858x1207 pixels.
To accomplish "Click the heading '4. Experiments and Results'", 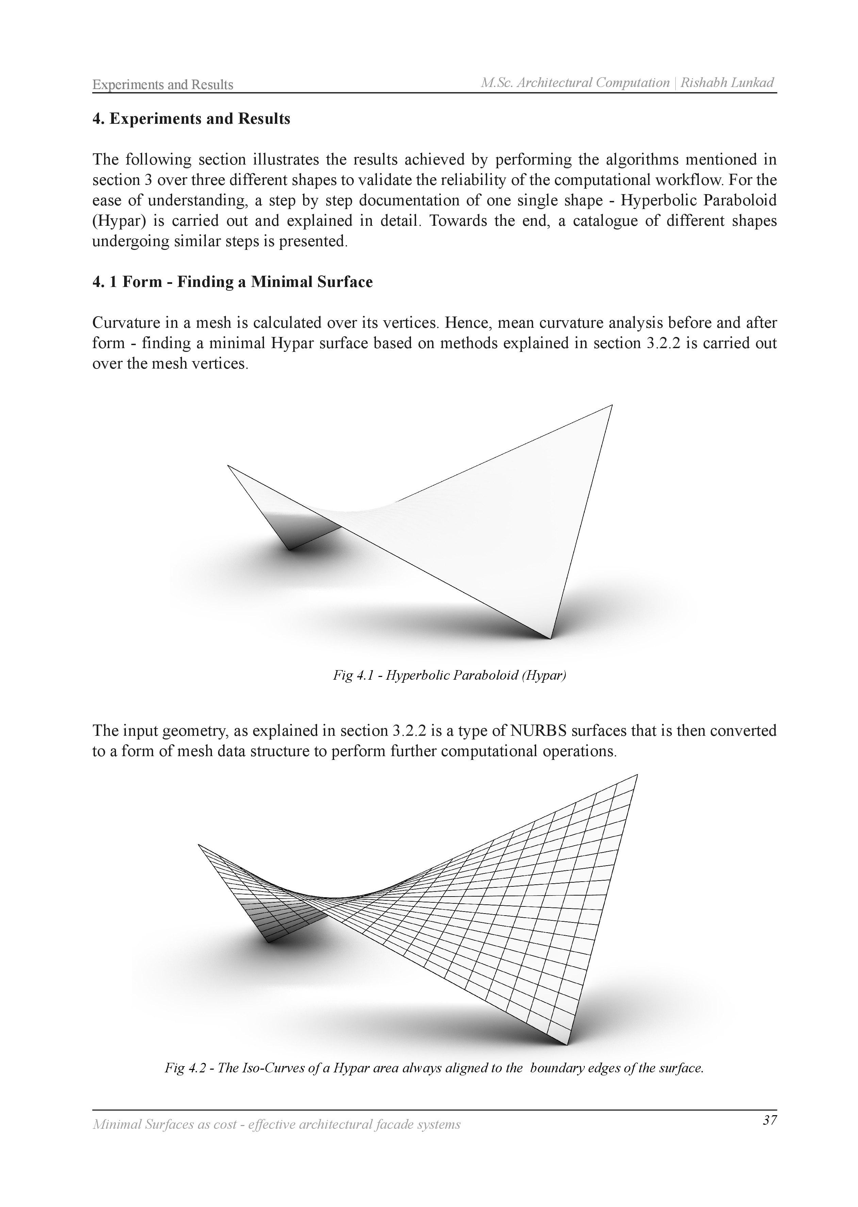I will [191, 119].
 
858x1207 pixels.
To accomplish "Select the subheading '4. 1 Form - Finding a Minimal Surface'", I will [232, 282].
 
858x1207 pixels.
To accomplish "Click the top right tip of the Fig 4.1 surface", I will [612, 406].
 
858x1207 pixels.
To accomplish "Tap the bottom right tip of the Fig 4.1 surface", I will [550, 638].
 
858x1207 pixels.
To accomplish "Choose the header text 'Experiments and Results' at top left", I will [163, 85].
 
